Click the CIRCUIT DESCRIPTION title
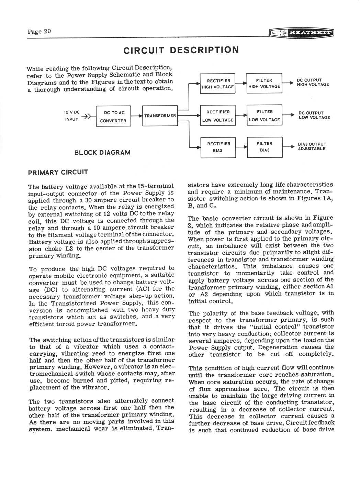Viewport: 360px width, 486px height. coord(181,50)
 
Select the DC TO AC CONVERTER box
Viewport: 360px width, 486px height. coord(113,117)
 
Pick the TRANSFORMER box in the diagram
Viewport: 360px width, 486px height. coord(160,116)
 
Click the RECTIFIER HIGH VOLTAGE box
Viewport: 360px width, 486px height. coord(218,84)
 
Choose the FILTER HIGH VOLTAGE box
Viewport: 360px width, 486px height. coord(264,83)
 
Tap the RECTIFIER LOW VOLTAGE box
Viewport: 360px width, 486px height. coord(218,116)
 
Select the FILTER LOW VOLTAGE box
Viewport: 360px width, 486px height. coord(264,115)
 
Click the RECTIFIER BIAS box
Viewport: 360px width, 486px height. coord(218,147)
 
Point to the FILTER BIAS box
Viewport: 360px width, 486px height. coord(265,147)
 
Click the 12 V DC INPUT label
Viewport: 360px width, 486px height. coord(72,116)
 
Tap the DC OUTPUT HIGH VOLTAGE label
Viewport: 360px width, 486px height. coord(312,82)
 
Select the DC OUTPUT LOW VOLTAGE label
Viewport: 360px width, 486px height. coord(314,115)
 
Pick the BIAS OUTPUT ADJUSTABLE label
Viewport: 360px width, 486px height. coord(312,146)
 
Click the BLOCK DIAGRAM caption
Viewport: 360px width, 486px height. coord(102,153)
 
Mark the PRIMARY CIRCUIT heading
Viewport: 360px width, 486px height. coord(58,172)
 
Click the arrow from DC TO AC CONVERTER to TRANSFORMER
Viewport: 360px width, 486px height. coord(137,116)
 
